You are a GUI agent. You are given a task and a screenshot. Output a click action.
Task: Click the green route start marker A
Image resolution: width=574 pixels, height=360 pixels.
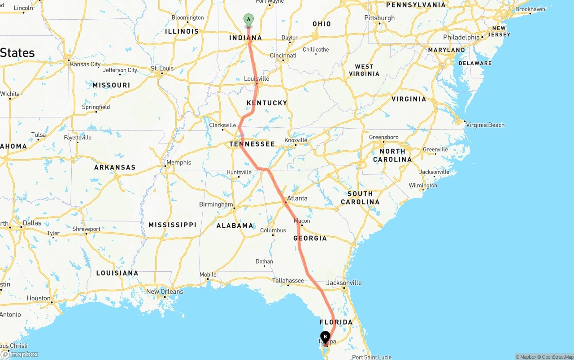(x=248, y=20)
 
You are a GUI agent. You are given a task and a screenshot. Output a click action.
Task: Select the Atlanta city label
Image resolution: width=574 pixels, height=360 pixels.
(x=297, y=198)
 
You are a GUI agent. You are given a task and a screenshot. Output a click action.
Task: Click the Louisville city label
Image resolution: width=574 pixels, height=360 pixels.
(x=257, y=79)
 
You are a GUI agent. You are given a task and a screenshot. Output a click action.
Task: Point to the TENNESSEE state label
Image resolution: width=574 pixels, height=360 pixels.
(x=252, y=144)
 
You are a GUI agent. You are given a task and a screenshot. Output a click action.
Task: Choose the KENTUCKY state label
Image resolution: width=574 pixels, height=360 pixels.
(x=267, y=103)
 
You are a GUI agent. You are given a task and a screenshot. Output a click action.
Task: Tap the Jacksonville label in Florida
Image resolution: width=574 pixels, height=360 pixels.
(x=344, y=283)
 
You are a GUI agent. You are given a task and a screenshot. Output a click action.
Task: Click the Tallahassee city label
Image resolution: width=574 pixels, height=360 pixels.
(x=288, y=281)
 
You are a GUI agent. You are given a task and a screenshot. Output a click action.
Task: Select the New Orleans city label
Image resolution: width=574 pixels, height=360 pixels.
(x=165, y=291)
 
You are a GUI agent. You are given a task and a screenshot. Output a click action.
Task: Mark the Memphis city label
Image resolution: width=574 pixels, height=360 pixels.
(x=178, y=163)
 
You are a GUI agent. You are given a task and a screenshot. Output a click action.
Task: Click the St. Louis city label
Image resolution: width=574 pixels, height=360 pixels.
(x=162, y=69)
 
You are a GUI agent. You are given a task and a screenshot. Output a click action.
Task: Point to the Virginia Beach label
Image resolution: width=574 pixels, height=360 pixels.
(x=485, y=125)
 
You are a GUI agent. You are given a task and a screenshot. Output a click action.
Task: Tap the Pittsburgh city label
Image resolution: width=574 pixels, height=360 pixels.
(x=379, y=18)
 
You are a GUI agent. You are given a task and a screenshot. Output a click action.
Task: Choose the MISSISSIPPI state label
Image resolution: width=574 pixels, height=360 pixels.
(x=173, y=225)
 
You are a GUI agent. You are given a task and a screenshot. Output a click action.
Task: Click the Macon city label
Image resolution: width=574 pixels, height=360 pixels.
(x=302, y=221)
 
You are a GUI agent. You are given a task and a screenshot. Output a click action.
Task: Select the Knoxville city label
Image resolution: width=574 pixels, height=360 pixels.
(x=296, y=140)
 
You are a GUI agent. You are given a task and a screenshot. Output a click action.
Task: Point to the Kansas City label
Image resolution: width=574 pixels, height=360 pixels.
(x=85, y=64)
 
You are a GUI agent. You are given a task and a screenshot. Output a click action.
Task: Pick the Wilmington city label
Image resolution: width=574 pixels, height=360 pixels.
(x=423, y=186)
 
